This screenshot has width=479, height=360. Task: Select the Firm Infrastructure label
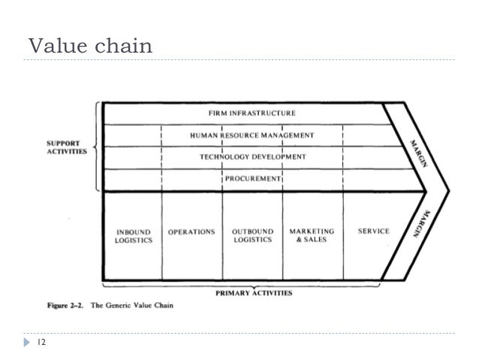tap(252, 113)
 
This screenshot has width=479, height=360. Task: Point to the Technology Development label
tap(252, 157)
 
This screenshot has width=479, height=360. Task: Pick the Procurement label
tap(252, 180)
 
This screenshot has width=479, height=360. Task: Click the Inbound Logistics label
tap(134, 236)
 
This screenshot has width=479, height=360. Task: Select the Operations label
tap(191, 231)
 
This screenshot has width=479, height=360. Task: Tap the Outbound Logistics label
tap(252, 236)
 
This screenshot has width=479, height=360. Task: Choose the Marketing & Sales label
tap(312, 236)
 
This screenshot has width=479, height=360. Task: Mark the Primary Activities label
tap(255, 292)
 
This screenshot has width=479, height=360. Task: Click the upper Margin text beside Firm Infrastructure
tap(417, 154)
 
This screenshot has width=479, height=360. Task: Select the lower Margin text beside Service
tap(417, 225)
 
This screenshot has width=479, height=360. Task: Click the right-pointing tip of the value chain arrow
tap(447, 192)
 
